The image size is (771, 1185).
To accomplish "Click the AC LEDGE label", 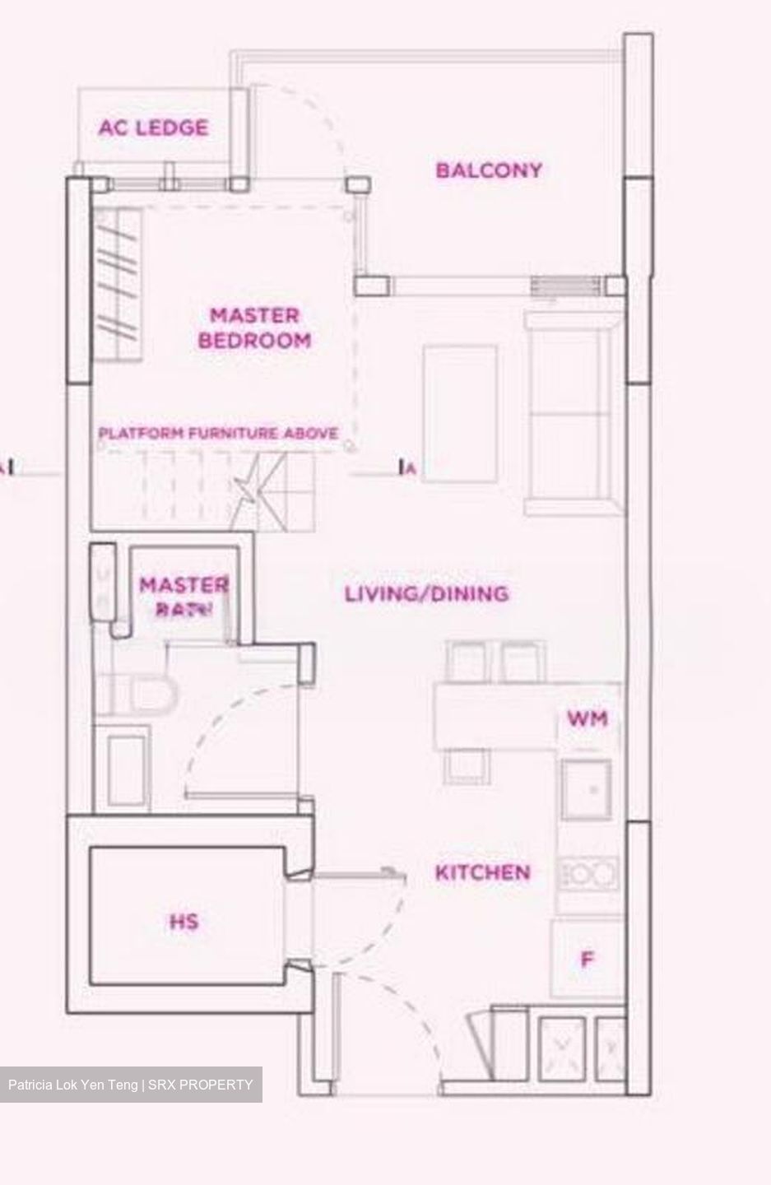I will point(153,128).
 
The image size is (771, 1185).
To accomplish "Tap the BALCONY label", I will point(489,170).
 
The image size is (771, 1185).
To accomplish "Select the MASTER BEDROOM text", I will point(254,328).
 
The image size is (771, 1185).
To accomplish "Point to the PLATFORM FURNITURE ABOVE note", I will point(218,433).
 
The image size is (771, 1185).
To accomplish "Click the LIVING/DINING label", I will point(425,593).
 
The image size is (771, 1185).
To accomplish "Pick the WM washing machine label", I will point(588,718).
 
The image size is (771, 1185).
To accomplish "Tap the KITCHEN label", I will point(482,872).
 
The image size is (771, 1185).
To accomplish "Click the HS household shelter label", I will point(183,922).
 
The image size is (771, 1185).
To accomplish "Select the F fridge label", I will point(588,960).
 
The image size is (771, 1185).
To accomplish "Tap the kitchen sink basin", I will point(587,789).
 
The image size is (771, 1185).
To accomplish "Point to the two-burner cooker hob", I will point(588,874).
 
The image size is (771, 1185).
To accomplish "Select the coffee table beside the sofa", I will point(460,412).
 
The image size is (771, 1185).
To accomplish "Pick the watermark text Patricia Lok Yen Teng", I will point(74,1085).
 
